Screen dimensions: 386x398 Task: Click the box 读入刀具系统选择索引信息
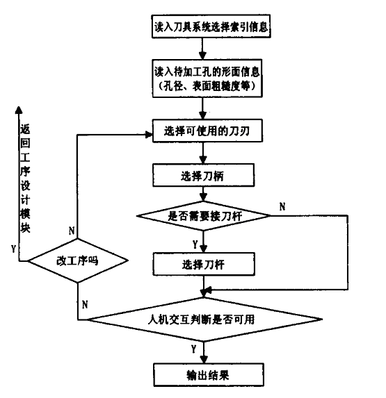pyautogui.click(x=211, y=26)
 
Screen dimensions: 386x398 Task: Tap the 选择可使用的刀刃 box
pyautogui.click(x=207, y=131)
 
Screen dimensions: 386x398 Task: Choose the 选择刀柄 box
pyautogui.click(x=203, y=175)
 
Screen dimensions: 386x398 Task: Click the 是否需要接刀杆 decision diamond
pyautogui.click(x=203, y=216)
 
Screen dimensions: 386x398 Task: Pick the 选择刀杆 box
pyautogui.click(x=204, y=264)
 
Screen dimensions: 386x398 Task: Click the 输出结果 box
pyautogui.click(x=209, y=375)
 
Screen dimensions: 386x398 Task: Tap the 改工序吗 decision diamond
pyautogui.click(x=78, y=260)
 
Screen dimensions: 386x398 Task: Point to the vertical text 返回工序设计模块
pyautogui.click(x=25, y=178)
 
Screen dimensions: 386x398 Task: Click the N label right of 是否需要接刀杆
pyautogui.click(x=282, y=207)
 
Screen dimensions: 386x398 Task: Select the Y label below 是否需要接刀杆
pyautogui.click(x=195, y=244)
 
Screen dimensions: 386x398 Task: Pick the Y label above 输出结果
pyautogui.click(x=194, y=349)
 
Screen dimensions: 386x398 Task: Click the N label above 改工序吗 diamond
pyautogui.click(x=72, y=231)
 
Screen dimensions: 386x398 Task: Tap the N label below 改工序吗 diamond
pyautogui.click(x=85, y=304)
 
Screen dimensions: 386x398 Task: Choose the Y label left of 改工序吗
pyautogui.click(x=13, y=249)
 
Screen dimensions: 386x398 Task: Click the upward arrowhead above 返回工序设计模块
pyautogui.click(x=19, y=110)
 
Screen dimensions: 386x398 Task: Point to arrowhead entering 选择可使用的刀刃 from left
pyautogui.click(x=149, y=135)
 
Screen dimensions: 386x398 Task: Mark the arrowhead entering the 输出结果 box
pyautogui.click(x=204, y=359)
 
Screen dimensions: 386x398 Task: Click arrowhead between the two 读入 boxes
pyautogui.click(x=202, y=56)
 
